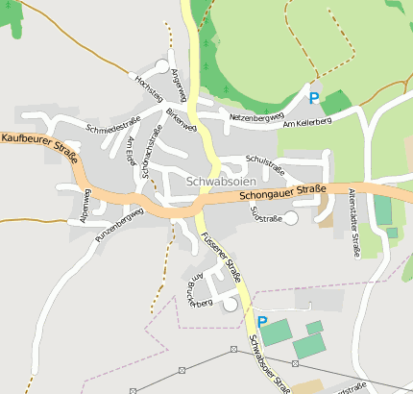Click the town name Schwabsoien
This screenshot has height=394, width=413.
click(x=220, y=181)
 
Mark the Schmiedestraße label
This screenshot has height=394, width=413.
click(x=112, y=124)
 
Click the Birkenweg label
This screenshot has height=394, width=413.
click(x=181, y=120)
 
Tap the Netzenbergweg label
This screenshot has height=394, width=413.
click(x=257, y=116)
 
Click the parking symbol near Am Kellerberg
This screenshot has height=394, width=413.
click(x=313, y=97)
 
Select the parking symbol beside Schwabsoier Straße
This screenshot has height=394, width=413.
click(x=261, y=321)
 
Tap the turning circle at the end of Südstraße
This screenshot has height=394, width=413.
click(x=291, y=219)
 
